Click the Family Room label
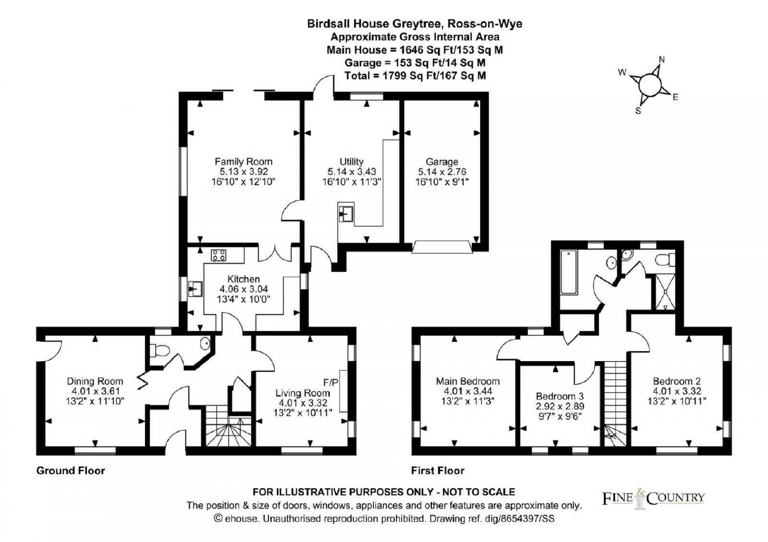click(243, 161)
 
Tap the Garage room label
click(442, 161)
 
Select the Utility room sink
click(346, 214)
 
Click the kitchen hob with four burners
click(218, 255)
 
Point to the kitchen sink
click(195, 289)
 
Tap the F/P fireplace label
click(331, 382)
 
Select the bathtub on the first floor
click(569, 272)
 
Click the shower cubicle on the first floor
click(665, 292)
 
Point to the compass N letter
click(662, 59)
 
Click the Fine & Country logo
click(653, 498)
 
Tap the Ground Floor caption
click(71, 471)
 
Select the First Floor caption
click(438, 471)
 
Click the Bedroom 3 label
click(560, 396)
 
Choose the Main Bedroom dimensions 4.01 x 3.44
click(468, 391)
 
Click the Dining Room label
click(95, 381)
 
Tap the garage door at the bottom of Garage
click(442, 247)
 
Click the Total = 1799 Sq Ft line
click(415, 75)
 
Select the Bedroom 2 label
click(677, 381)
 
